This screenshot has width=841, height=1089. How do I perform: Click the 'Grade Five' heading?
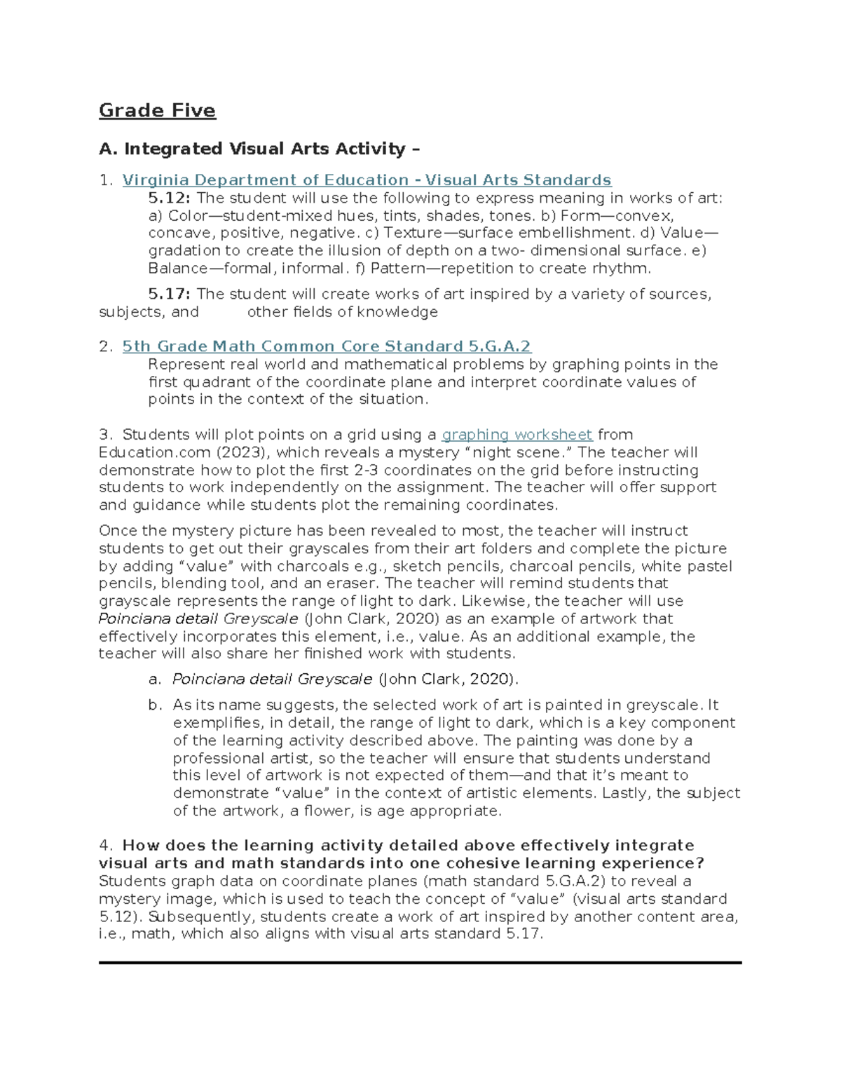(157, 111)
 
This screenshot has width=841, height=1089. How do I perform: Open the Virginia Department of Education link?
(367, 180)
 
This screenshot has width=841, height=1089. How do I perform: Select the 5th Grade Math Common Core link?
(327, 346)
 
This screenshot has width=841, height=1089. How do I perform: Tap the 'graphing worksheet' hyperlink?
(517, 435)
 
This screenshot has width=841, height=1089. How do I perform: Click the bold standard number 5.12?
(170, 198)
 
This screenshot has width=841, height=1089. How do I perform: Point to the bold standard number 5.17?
(170, 295)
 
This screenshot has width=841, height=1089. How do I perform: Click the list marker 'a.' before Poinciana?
(154, 679)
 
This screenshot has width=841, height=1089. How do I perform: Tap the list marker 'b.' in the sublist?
(154, 705)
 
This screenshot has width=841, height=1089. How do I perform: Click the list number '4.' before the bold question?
(106, 846)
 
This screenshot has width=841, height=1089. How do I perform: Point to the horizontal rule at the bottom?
(420, 963)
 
